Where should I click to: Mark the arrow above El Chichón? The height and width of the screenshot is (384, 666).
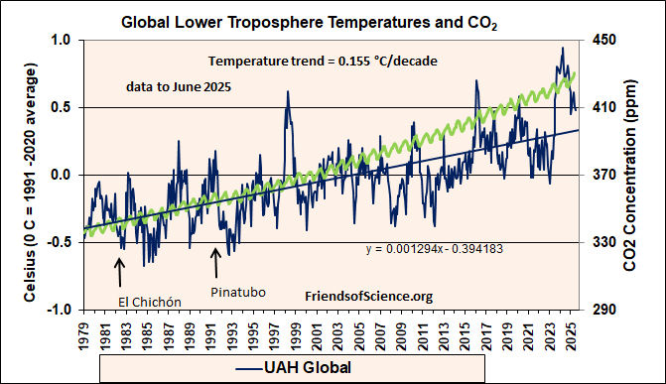coord(120,271)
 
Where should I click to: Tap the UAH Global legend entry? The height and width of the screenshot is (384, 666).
coord(295,367)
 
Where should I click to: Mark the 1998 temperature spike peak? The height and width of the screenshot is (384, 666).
coord(288,92)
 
